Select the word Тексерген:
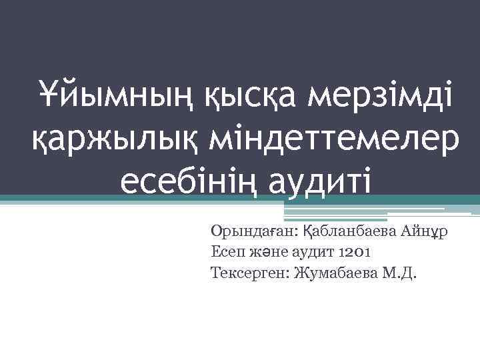247,273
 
